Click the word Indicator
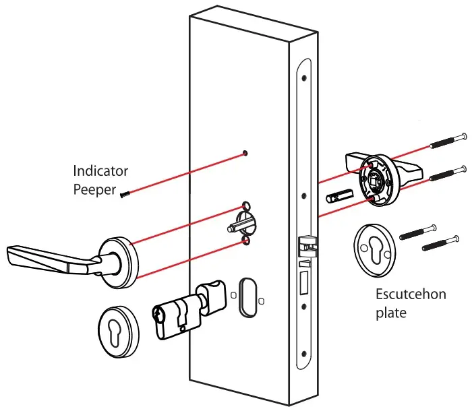[100, 171]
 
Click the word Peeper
[95, 188]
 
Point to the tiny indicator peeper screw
[125, 194]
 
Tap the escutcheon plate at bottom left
[118, 329]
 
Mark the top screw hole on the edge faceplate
[305, 77]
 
